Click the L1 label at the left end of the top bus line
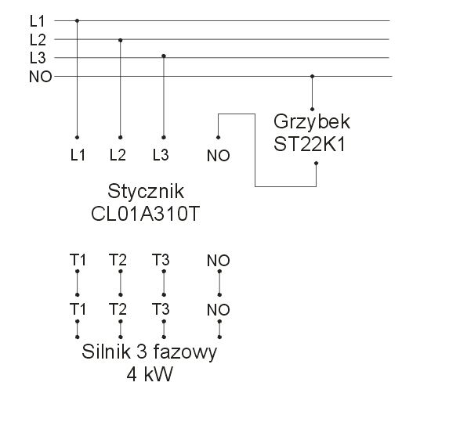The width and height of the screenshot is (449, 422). click(x=38, y=21)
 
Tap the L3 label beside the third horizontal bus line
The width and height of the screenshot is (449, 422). click(x=38, y=58)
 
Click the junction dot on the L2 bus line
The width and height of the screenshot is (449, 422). click(x=120, y=41)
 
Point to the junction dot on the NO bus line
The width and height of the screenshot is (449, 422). click(x=313, y=77)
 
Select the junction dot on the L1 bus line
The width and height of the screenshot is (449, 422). click(x=77, y=20)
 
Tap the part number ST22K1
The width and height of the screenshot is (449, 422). click(x=310, y=144)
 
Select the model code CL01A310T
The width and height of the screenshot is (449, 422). click(x=145, y=214)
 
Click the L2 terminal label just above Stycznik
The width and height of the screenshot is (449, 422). click(x=118, y=155)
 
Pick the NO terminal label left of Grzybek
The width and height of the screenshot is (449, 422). click(x=218, y=156)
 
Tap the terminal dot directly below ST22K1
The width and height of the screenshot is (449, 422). click(x=316, y=163)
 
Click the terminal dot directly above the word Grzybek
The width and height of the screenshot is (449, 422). click(x=312, y=109)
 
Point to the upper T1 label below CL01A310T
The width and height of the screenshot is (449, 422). click(x=78, y=260)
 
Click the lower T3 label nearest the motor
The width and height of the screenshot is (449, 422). click(x=161, y=309)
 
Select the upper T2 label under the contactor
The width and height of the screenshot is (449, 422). click(x=118, y=260)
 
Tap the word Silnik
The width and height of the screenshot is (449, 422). click(x=107, y=352)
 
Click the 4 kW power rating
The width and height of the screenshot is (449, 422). click(x=150, y=374)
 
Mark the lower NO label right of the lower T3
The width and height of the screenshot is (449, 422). click(x=218, y=310)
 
